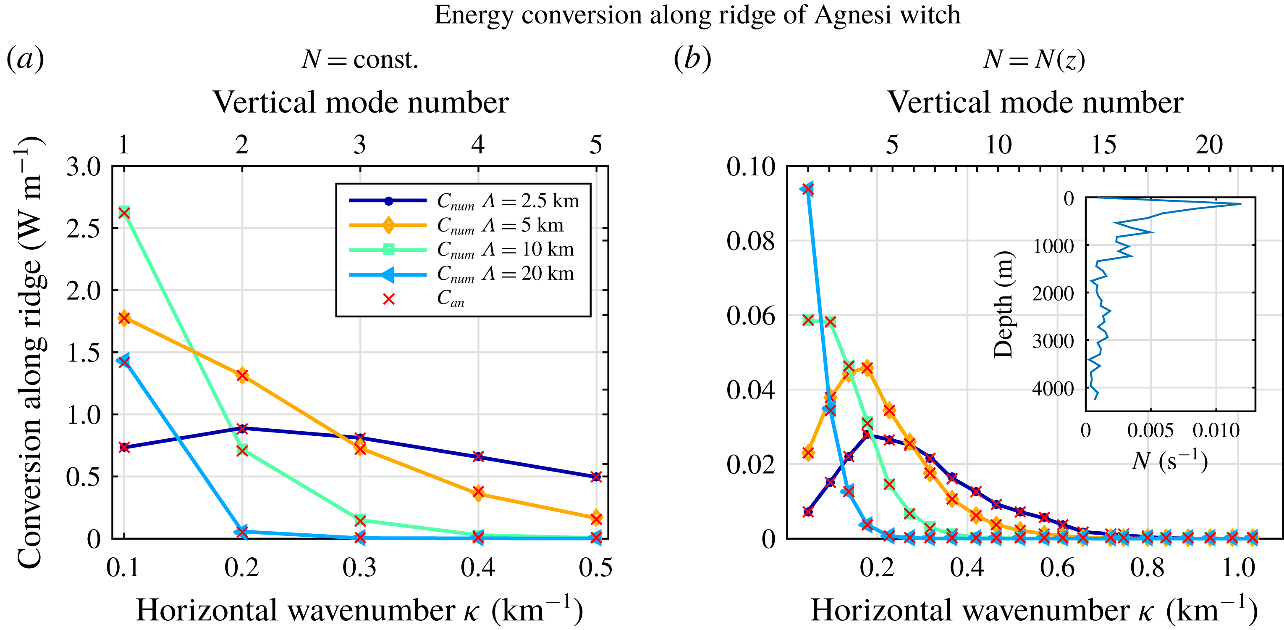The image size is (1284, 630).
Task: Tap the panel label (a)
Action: [x=25, y=59]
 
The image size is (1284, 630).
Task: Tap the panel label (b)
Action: [x=692, y=59]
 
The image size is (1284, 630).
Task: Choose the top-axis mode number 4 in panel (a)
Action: [x=478, y=145]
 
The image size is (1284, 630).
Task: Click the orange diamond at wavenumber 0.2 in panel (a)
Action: [x=242, y=375]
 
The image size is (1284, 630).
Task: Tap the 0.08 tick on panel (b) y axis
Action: [x=751, y=241]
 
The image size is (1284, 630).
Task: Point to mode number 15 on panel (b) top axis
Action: [x=1103, y=145]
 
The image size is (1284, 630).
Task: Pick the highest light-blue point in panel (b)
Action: [x=808, y=189]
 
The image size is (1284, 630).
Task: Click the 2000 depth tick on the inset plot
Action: [x=1053, y=293]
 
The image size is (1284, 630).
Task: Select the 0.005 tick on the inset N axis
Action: [x=1150, y=430]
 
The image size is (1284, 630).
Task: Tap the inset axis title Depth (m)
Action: [x=1003, y=304]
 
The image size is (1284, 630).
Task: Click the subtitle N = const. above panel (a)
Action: [x=360, y=60]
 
